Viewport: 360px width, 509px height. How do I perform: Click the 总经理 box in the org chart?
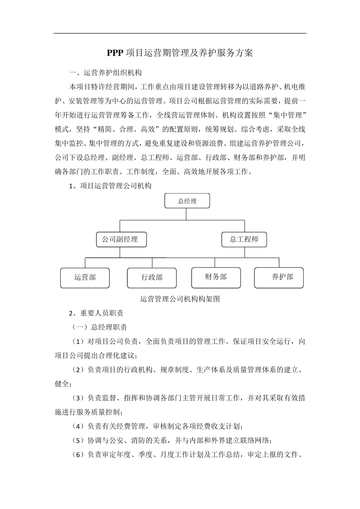pyautogui.click(x=187, y=201)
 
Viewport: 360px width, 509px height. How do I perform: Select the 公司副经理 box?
pyautogui.click(x=121, y=239)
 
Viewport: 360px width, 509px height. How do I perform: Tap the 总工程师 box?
pyautogui.click(x=244, y=239)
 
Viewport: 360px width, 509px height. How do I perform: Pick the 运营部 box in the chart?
pyautogui.click(x=85, y=278)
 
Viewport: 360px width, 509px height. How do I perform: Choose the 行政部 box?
pyautogui.click(x=152, y=278)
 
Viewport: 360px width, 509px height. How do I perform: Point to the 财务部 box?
pyautogui.click(x=216, y=277)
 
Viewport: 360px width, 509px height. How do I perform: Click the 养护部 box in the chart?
pyautogui.click(x=279, y=277)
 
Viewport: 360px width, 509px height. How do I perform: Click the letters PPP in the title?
pyautogui.click(x=115, y=53)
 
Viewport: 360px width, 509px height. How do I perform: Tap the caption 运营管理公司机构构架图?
pyautogui.click(x=180, y=299)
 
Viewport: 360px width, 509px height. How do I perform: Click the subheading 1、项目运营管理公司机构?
pyautogui.click(x=110, y=186)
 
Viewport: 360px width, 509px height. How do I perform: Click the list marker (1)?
pyautogui.click(x=78, y=342)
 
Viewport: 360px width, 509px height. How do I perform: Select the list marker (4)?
pyautogui.click(x=78, y=426)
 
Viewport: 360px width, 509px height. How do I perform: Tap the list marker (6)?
pyautogui.click(x=78, y=455)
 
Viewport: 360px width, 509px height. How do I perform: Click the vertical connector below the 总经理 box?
pyautogui.click(x=186, y=214)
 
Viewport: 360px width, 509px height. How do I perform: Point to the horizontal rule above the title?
pyautogui.click(x=180, y=33)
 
